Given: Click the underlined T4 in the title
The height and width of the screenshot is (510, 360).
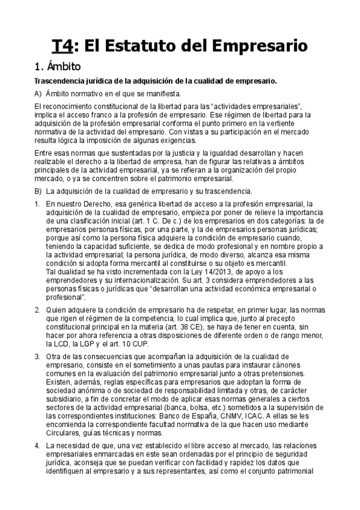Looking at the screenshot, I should coord(63,46).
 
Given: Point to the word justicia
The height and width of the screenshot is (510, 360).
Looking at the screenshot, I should coord(158,153).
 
